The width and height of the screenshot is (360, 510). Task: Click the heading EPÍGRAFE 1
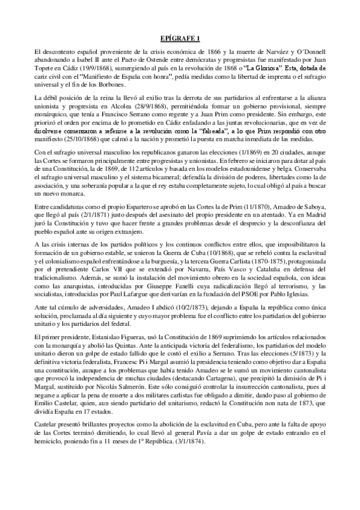(x=180, y=37)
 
